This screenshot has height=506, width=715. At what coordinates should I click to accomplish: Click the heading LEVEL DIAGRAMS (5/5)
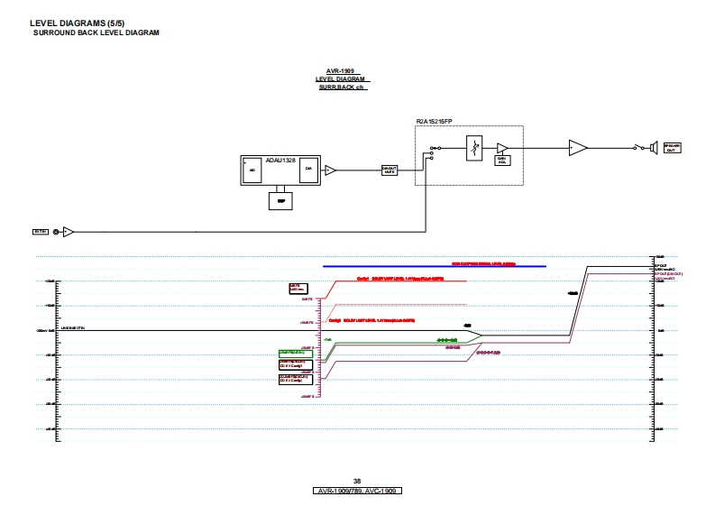(x=77, y=23)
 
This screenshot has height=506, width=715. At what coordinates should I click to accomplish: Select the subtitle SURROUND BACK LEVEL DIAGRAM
(x=96, y=32)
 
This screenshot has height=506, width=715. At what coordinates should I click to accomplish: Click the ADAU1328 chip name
(x=280, y=160)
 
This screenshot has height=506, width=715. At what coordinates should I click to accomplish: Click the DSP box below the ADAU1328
(x=280, y=201)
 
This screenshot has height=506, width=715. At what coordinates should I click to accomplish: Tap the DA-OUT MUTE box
(x=390, y=170)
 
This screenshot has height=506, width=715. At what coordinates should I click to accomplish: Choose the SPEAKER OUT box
(x=672, y=147)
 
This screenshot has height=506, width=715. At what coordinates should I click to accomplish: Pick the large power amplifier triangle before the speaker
(x=577, y=147)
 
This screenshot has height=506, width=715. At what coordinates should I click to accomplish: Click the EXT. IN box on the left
(x=40, y=232)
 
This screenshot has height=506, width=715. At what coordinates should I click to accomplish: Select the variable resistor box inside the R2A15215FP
(x=474, y=148)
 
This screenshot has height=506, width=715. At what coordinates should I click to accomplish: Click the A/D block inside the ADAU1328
(x=252, y=170)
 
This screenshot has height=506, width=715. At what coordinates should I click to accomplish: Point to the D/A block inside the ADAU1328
(x=308, y=170)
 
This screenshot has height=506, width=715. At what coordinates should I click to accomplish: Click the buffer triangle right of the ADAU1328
(x=330, y=170)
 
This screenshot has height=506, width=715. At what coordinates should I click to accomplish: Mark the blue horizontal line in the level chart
(x=435, y=266)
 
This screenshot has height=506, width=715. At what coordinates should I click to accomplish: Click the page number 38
(x=357, y=481)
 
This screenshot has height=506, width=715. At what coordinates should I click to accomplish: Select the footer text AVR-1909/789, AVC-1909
(x=357, y=491)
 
